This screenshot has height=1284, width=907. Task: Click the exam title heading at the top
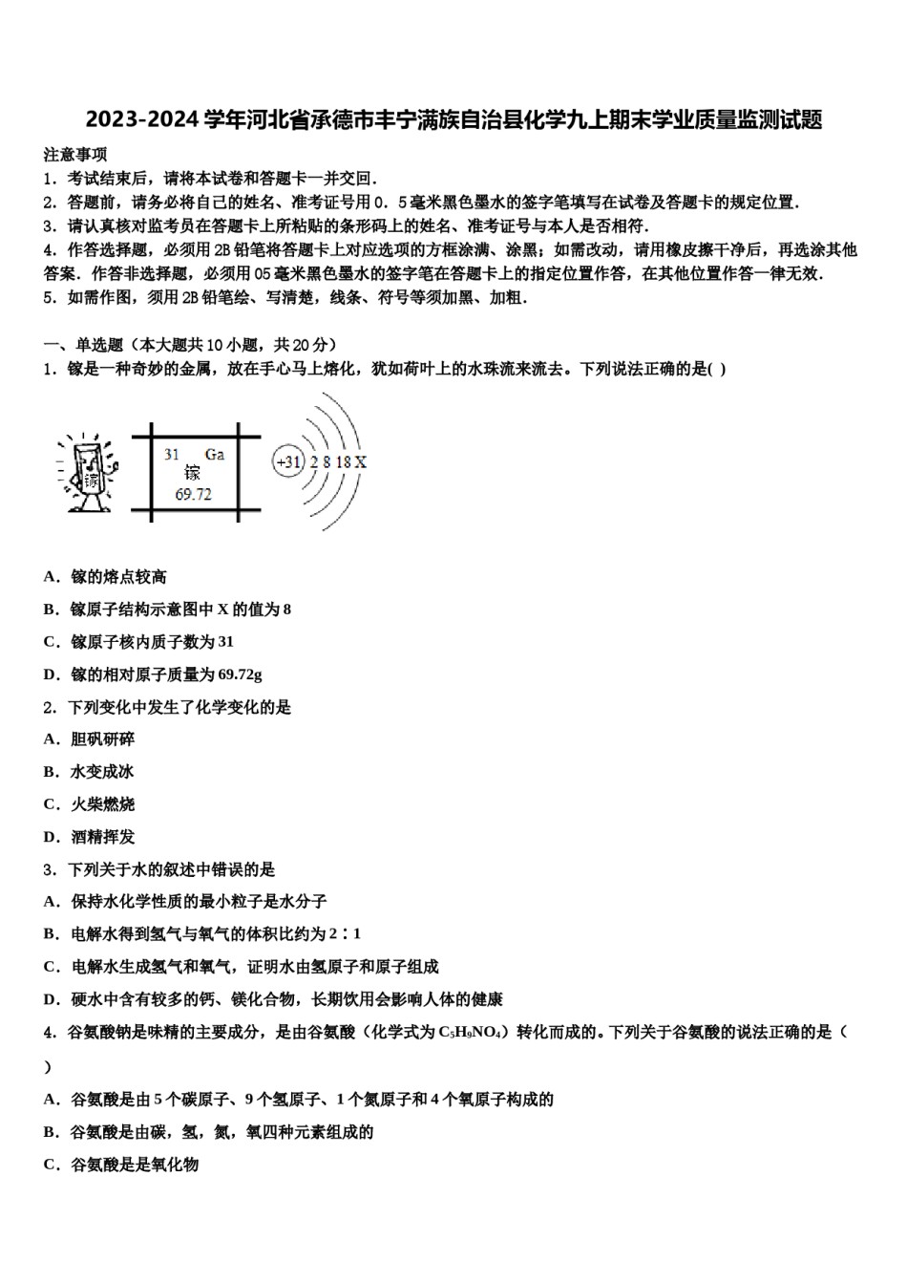[x=453, y=120]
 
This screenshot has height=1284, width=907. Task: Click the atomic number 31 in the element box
[x=172, y=455]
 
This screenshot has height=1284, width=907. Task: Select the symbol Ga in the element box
[x=215, y=455]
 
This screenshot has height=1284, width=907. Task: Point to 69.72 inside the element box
[x=193, y=494]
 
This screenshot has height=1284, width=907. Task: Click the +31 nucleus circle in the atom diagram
[x=287, y=462]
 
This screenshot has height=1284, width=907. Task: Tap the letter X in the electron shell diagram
[x=361, y=462]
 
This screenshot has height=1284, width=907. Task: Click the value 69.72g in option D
[x=241, y=674]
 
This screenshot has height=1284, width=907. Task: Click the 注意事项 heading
[x=75, y=154]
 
